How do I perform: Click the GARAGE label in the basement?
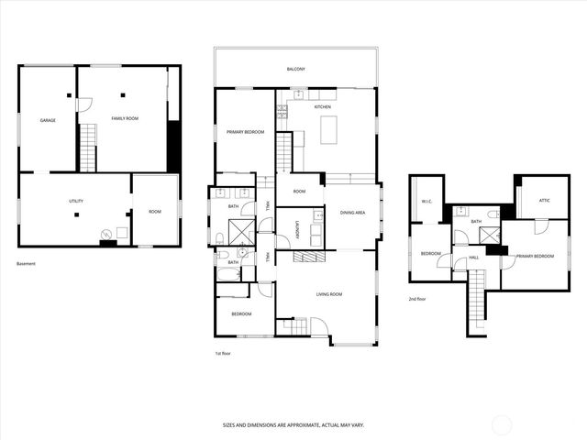48,120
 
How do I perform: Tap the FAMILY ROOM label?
125,119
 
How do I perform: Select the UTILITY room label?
76,201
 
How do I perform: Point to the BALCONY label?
294,69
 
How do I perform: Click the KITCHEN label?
323,108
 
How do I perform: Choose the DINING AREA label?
353,213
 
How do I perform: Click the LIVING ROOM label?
329,294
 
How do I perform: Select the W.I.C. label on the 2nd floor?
426,201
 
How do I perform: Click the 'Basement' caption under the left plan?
27,264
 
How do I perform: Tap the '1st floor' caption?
223,352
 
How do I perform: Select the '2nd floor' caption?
417,299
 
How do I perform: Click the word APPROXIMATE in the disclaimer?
298,425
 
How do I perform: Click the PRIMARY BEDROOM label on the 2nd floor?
535,256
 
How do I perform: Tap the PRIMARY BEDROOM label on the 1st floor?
246,133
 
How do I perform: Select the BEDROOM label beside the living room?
241,313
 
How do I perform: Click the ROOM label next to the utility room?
154,212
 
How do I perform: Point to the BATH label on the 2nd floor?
476,221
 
